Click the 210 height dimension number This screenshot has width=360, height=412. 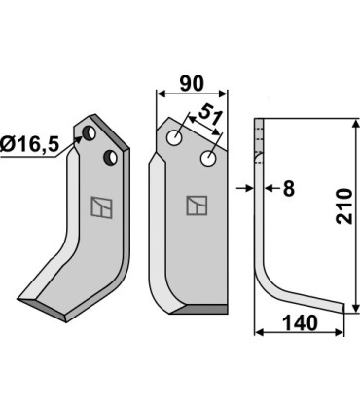click(x=343, y=207)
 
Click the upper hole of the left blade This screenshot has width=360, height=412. click(x=89, y=131)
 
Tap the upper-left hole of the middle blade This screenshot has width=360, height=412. click(x=176, y=138)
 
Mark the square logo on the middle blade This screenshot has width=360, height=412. click(x=196, y=206)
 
